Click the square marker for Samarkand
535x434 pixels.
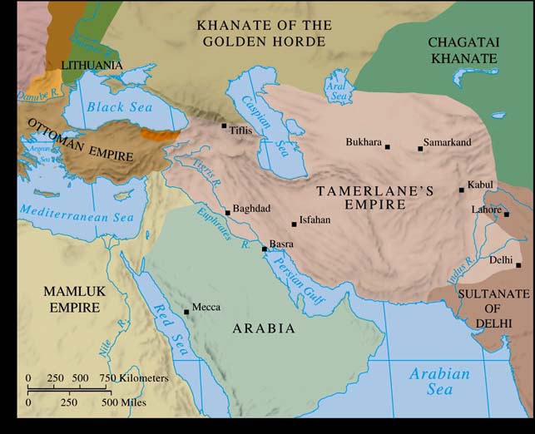click(420, 149)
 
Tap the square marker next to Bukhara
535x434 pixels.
click(387, 147)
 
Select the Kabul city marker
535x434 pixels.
click(462, 190)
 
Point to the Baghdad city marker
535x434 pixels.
click(227, 213)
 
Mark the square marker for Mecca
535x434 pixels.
click(186, 312)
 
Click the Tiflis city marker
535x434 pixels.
click(224, 126)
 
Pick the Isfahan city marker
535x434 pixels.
click(293, 224)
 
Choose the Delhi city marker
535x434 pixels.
click(518, 265)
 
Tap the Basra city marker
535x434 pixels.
click(265, 249)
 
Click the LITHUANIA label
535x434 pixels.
click(92, 65)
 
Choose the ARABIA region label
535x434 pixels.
click(264, 329)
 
